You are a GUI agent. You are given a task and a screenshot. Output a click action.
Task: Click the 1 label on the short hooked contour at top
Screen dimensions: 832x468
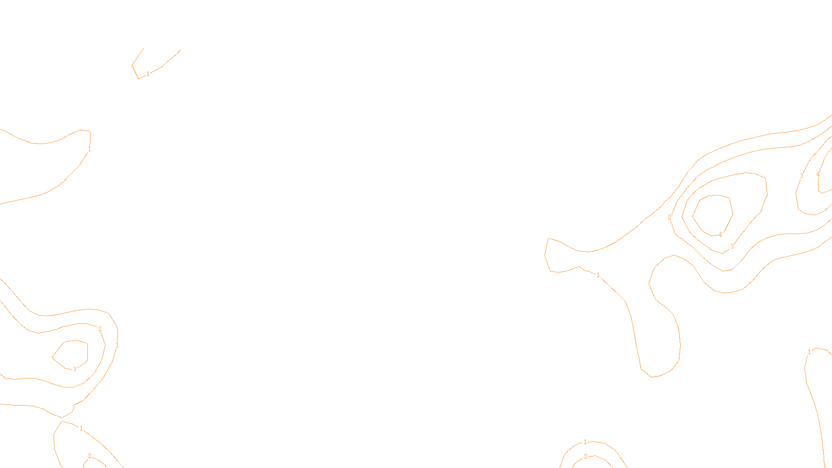(148, 74)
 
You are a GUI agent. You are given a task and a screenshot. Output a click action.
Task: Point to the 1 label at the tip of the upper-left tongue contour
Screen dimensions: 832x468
(89, 149)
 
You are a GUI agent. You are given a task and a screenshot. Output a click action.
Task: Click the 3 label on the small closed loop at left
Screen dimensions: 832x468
(74, 369)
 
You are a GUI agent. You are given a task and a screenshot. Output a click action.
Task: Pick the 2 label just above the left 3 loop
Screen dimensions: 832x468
(100, 329)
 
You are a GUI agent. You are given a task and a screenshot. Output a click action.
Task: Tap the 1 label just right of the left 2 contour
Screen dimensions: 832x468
(117, 345)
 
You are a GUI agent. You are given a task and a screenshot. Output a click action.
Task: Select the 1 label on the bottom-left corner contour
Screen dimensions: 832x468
(81, 428)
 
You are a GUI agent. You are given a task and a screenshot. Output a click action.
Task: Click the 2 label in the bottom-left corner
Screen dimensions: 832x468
(89, 456)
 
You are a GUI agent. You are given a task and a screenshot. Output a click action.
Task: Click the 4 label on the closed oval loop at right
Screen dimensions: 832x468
(720, 235)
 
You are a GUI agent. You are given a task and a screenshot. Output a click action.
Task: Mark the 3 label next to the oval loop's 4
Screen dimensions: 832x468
(732, 246)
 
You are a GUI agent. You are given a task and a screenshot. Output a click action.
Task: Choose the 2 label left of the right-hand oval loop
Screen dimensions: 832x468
(669, 217)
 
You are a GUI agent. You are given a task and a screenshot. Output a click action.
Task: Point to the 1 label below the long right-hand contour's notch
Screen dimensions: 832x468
(598, 275)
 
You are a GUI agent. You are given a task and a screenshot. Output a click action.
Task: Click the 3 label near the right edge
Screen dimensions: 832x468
(801, 176)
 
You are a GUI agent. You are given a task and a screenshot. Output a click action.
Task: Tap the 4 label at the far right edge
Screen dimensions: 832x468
(818, 175)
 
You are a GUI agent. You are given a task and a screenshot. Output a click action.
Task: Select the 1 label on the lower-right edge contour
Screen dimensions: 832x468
(809, 352)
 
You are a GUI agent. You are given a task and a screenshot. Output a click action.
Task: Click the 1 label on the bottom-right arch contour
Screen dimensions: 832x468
(585, 442)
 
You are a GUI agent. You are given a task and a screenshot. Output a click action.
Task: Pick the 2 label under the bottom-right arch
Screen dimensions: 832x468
(586, 457)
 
